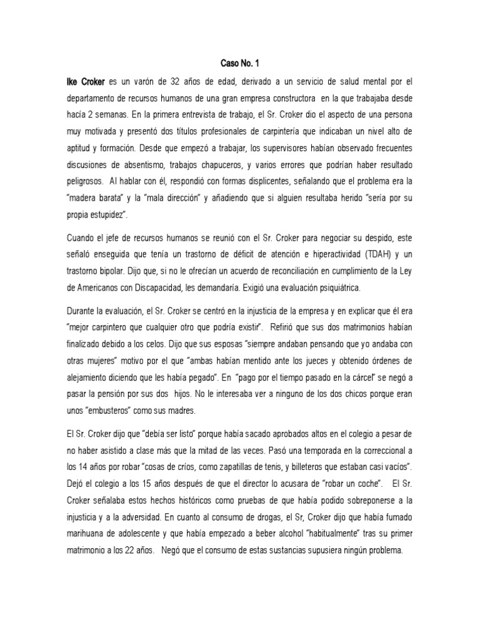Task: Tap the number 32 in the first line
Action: pos(178,81)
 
